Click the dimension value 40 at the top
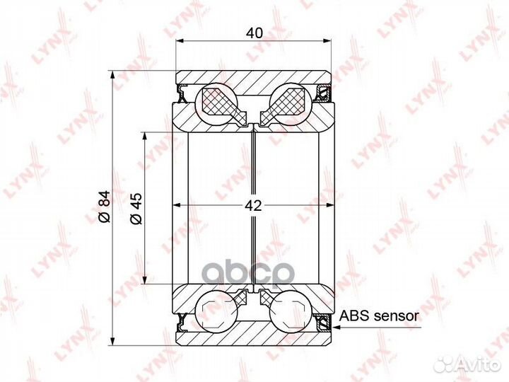(x=255, y=33)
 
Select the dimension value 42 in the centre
(x=253, y=206)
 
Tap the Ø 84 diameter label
(x=105, y=207)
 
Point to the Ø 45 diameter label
(x=136, y=208)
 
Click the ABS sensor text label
(x=379, y=316)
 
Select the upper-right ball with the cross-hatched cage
(x=290, y=105)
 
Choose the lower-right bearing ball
(x=290, y=311)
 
